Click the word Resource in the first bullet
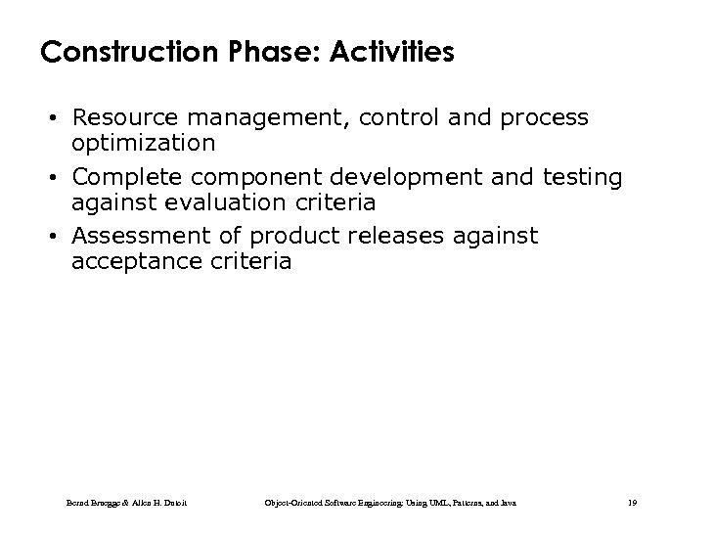point(125,118)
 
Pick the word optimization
point(143,143)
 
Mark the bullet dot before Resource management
point(60,119)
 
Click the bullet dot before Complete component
point(60,179)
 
